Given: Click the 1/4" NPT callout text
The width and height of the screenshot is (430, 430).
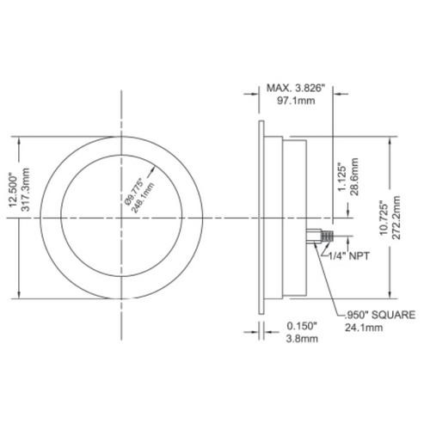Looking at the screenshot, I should coord(347,255).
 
